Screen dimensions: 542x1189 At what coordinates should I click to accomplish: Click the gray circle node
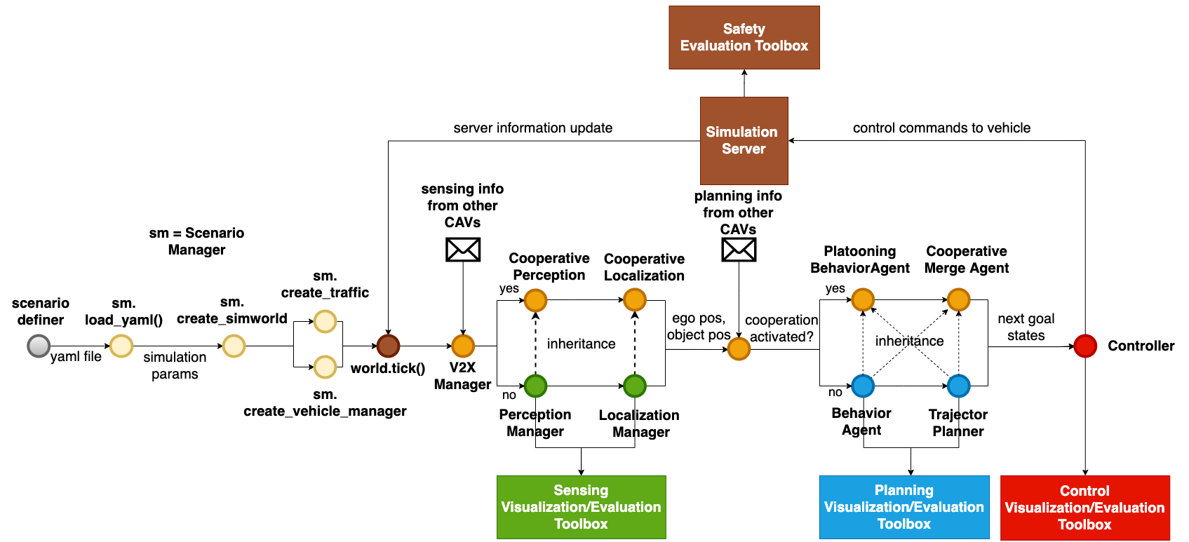pos(39,346)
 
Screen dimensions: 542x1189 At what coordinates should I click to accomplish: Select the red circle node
pos(1084,346)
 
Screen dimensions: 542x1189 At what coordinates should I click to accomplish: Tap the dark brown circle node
pos(388,346)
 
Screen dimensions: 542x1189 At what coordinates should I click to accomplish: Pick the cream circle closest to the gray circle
pos(121,346)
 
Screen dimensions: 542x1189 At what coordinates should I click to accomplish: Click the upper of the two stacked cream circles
pos(325,321)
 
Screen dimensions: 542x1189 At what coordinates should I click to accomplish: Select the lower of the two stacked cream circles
pos(325,367)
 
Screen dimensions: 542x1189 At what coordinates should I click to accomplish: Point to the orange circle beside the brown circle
pos(463,346)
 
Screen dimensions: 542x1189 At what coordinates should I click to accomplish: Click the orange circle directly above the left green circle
pos(535,300)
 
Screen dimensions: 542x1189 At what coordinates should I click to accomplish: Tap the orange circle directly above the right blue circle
pos(958,299)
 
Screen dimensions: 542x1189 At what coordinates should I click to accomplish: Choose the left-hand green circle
pos(535,386)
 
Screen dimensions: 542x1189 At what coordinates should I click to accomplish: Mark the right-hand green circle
pos(634,386)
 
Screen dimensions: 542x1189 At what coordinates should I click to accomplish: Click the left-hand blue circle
pos(863,386)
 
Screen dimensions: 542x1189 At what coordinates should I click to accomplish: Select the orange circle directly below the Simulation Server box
pos(739,348)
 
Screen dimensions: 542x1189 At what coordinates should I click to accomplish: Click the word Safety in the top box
pos(744,29)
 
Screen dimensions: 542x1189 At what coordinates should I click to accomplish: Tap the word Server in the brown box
pos(744,149)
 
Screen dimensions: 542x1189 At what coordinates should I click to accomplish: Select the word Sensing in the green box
pos(581,490)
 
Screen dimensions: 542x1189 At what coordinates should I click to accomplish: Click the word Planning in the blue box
pos(903,490)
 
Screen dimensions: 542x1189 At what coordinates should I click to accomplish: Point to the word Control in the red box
pos(1084,491)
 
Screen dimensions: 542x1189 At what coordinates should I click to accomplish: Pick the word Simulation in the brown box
pos(741,132)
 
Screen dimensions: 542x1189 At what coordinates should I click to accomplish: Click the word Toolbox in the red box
pos(1084,524)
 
